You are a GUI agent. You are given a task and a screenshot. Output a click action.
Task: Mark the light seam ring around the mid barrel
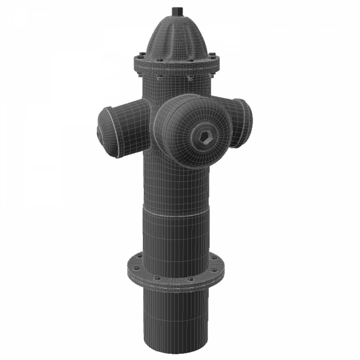pos(176,211)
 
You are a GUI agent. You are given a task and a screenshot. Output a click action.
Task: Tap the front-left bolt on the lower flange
pos(157,277)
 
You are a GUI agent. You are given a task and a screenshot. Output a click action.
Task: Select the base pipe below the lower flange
pos(176,316)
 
